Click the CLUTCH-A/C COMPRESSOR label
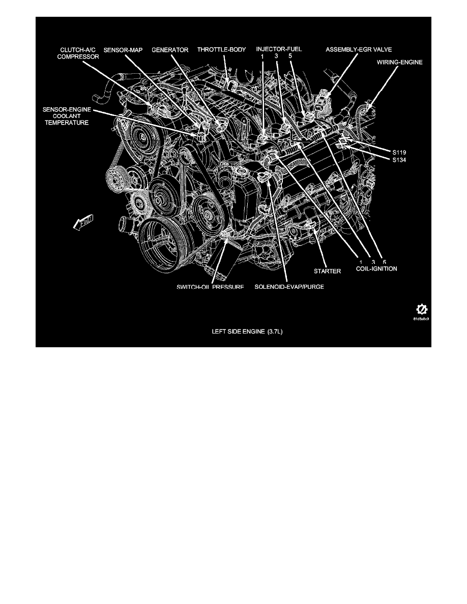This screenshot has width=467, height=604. [x=78, y=54]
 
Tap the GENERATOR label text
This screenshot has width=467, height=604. [x=170, y=50]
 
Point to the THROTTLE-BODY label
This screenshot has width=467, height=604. [x=222, y=50]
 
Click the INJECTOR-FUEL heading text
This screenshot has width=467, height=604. [x=279, y=50]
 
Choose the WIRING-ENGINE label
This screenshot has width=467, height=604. [x=399, y=63]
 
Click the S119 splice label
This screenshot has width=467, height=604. [x=399, y=152]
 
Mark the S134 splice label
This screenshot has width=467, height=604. [x=399, y=160]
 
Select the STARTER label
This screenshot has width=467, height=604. [x=327, y=271]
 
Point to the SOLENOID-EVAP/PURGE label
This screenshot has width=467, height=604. [x=289, y=286]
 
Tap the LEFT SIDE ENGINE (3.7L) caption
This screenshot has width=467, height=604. [x=233, y=331]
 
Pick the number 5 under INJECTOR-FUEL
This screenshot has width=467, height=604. [x=289, y=57]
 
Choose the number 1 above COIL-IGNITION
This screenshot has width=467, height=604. [x=361, y=261]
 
